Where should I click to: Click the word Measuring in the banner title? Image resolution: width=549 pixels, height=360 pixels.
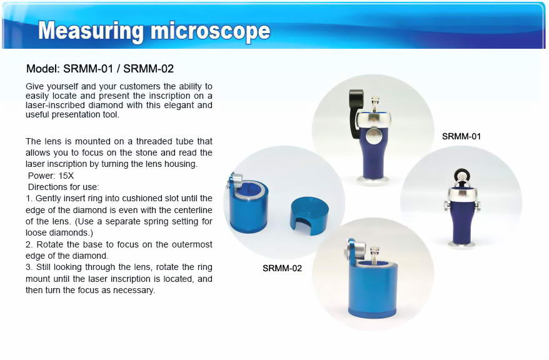click(91, 31)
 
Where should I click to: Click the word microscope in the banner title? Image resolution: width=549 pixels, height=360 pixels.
click(211, 31)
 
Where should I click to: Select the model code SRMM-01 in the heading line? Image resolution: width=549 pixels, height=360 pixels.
click(88, 69)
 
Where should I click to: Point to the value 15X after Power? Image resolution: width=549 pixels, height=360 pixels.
click(66, 176)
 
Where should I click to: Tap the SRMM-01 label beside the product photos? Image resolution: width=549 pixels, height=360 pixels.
click(461, 136)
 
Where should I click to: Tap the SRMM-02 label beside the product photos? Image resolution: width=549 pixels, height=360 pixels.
click(282, 268)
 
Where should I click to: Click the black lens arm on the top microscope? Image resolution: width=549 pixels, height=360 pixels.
click(355, 112)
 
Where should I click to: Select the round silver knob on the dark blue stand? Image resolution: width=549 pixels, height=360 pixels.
click(373, 136)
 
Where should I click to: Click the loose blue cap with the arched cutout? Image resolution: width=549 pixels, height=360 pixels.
click(309, 215)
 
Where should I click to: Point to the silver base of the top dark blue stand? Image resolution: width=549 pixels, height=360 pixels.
click(374, 180)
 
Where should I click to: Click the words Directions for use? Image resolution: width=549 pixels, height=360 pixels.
click(63, 187)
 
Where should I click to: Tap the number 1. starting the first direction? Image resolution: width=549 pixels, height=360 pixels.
click(29, 198)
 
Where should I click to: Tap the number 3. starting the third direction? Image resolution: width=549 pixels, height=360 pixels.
click(29, 267)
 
